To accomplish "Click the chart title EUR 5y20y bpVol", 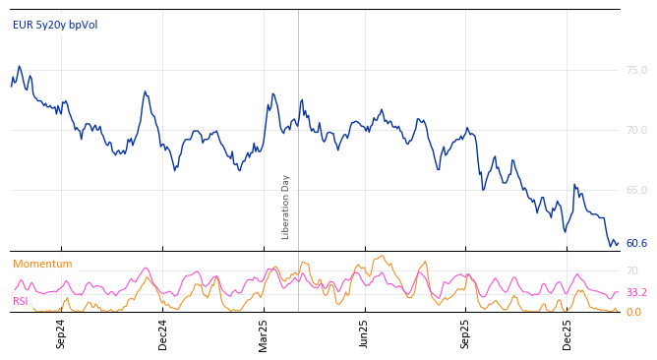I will coord(55,26).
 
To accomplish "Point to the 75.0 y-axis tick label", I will coord(636,71).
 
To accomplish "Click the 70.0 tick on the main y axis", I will coord(636,130).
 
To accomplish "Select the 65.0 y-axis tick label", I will coord(636,190).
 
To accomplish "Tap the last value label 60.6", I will coord(636,243).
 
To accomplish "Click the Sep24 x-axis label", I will coord(61,333).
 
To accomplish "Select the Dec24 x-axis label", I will coord(163,333).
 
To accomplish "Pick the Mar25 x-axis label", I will coord(264,333).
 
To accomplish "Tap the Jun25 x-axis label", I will coord(365,333).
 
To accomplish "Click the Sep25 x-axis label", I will coord(466,333).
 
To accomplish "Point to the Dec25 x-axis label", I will coord(567,333).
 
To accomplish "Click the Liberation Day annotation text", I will coord(286,207).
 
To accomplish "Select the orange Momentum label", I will coord(42,265).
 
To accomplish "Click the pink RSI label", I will coord(20,302).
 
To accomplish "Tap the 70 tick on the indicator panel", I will coord(632,270).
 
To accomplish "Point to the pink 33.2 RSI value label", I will coord(636,293).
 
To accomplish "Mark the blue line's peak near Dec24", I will coord(145,91).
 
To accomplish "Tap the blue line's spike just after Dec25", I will coord(574,184).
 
